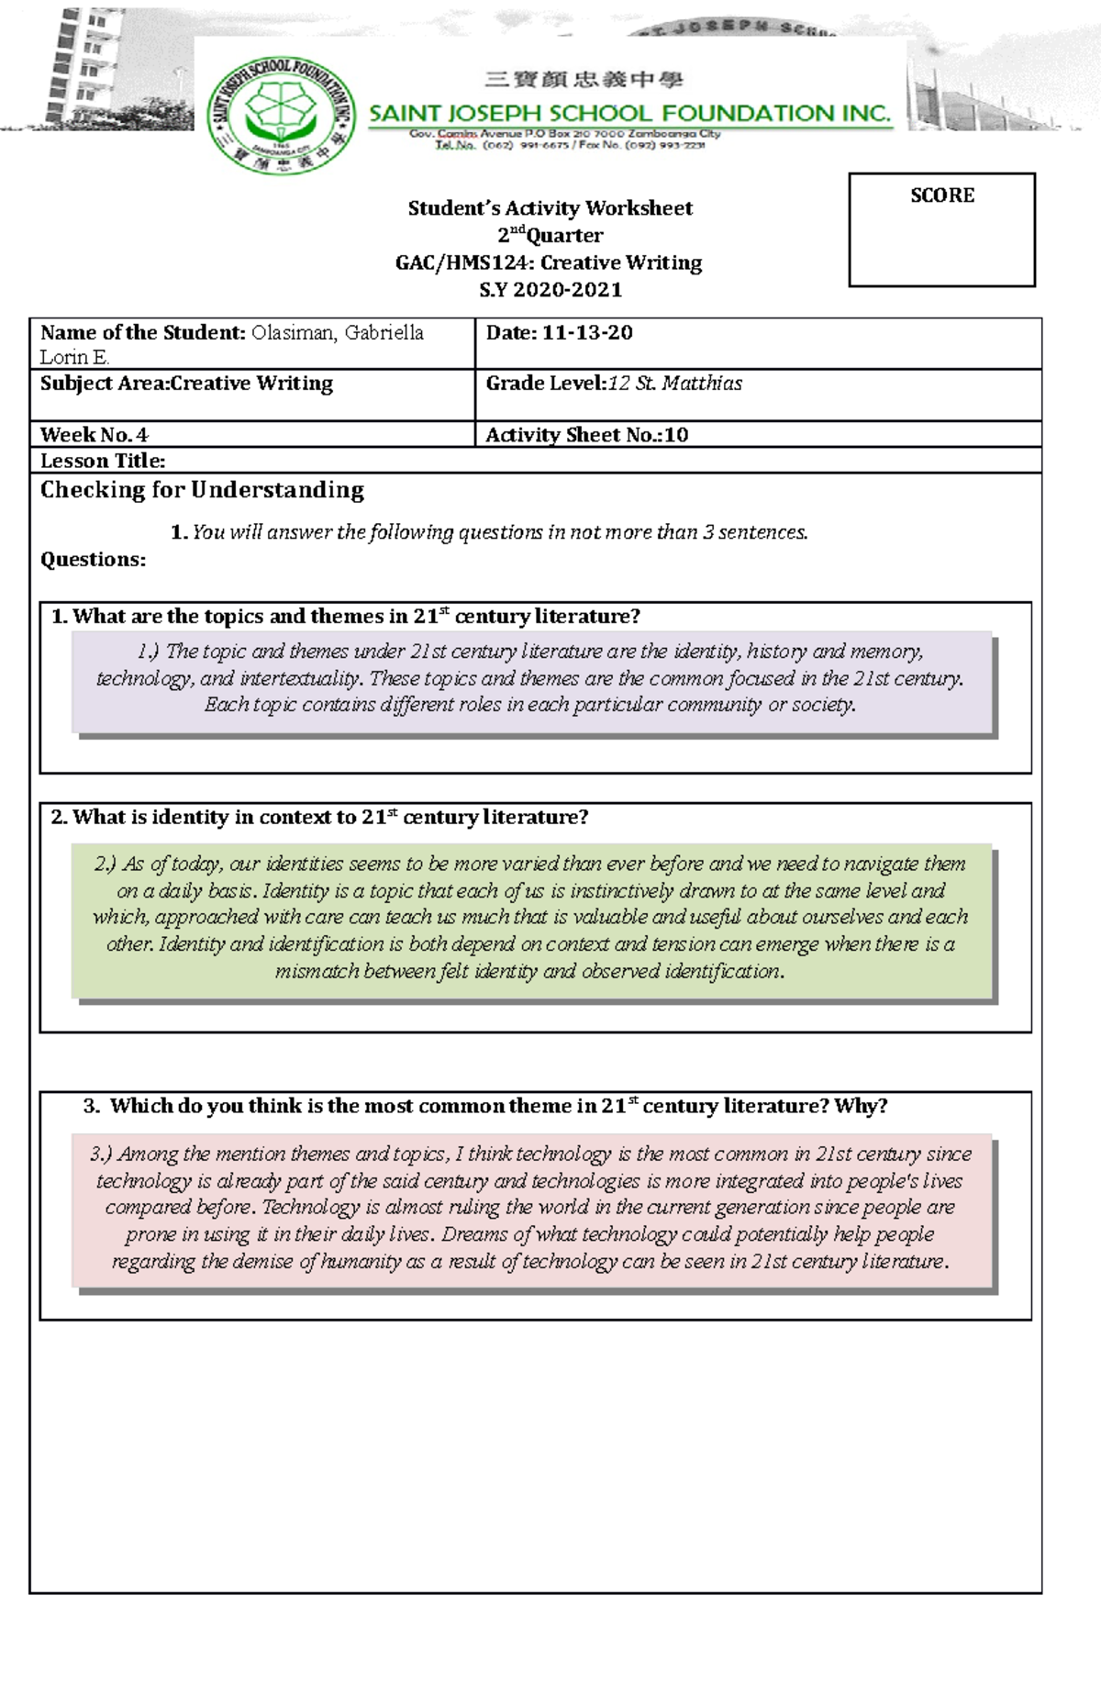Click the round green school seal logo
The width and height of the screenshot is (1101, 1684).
282,115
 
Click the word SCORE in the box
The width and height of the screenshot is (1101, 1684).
941,195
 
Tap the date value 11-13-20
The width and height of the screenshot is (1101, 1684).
587,333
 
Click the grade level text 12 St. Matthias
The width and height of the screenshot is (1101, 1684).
675,384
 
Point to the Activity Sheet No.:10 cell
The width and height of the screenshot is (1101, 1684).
587,435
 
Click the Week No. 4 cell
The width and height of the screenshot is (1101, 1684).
95,435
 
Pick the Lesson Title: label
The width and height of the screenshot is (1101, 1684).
103,461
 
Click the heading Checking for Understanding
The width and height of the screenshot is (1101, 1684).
202,490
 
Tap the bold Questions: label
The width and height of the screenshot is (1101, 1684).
93,560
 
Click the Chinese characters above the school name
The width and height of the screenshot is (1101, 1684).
584,81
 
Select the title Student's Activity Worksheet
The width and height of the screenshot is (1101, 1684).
550,208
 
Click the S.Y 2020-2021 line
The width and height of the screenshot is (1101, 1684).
550,290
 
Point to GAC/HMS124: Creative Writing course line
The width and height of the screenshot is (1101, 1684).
549,262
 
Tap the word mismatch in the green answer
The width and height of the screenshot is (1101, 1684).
317,972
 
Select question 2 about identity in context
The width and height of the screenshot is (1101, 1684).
319,818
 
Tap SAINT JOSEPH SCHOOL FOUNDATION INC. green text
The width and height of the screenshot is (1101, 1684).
629,114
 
